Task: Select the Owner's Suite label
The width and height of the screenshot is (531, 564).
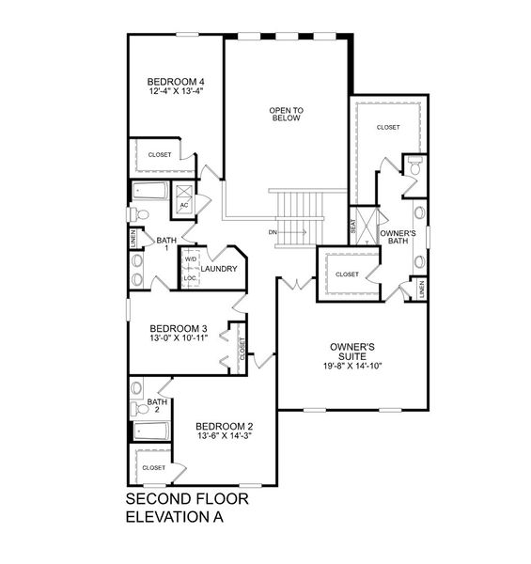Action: click(353, 352)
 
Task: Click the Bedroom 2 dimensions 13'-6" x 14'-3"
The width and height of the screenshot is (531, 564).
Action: click(225, 437)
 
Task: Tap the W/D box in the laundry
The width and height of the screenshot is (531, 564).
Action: click(190, 258)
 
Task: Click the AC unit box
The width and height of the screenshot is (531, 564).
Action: click(184, 203)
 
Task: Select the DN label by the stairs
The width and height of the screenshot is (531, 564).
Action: click(273, 231)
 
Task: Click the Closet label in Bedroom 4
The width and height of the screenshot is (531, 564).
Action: click(159, 153)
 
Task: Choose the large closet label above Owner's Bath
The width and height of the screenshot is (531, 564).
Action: click(388, 127)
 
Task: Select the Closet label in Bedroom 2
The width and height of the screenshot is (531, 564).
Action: click(154, 467)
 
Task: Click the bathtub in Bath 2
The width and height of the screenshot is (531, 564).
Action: click(151, 432)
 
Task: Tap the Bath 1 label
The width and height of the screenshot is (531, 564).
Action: click(166, 243)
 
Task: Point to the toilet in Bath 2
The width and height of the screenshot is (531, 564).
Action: click(137, 388)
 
